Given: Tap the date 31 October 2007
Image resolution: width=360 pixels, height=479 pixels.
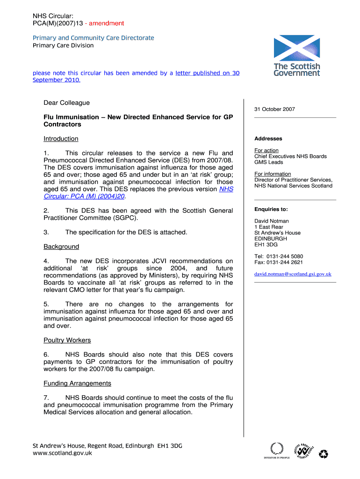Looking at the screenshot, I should (x=275, y=109).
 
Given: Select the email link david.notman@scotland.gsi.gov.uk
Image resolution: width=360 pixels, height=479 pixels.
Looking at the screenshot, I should (x=293, y=274).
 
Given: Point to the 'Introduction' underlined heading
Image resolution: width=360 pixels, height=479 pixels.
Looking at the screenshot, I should (x=61, y=139).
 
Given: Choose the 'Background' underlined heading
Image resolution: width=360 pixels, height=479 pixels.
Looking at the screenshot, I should (x=61, y=247).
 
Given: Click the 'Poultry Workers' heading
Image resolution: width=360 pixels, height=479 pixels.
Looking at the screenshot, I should (x=67, y=340).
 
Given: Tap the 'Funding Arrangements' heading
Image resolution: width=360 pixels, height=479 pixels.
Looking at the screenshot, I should (x=77, y=384).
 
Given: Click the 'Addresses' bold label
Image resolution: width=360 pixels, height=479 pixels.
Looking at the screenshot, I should (x=268, y=139).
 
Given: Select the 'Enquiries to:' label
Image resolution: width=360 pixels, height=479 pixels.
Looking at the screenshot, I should (x=271, y=209).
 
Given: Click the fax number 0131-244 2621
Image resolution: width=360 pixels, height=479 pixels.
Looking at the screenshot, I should (x=285, y=262).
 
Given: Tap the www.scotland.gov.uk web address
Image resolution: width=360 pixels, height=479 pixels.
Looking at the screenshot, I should (x=62, y=453).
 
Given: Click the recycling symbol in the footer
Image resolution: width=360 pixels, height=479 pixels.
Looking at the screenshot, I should (x=324, y=453).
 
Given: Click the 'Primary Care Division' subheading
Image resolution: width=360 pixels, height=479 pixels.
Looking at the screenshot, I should (x=63, y=45).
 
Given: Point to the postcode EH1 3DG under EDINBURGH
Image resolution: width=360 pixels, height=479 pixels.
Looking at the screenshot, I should (x=266, y=245).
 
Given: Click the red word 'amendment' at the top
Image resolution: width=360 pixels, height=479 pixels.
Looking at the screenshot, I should (x=107, y=23).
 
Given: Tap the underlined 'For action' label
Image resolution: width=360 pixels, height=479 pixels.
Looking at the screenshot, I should (x=266, y=151).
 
